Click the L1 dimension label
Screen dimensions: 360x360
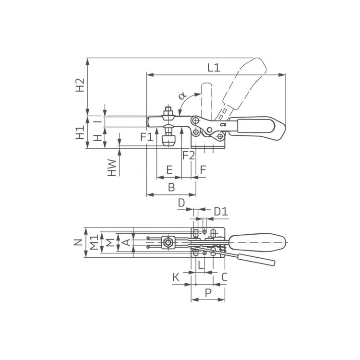tap(214, 68)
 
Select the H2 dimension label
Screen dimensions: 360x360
tap(80, 85)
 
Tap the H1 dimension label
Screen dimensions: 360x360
tap(80, 132)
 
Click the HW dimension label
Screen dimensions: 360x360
tap(112, 168)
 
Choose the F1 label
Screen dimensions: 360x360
tap(147, 137)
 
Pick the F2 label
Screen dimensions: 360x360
tap(189, 156)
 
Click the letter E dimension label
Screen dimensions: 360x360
tap(169, 170)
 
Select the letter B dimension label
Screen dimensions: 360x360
tap(171, 187)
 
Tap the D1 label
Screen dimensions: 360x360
tap(221, 212)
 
